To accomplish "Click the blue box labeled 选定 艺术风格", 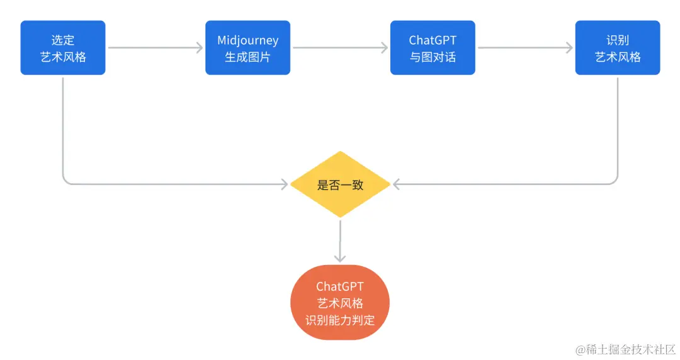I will click(63, 48).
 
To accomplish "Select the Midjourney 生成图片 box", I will click(247, 48).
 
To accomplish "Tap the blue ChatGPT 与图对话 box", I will click(433, 48).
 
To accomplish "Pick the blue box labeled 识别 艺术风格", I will click(618, 48).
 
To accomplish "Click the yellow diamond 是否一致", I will click(340, 185).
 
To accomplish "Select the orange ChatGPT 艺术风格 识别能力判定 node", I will click(340, 303).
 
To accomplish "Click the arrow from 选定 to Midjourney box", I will click(155, 48).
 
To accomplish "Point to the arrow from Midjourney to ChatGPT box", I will click(340, 48).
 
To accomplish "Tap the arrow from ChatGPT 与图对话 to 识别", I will click(525, 48).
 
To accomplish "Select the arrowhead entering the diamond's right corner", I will click(396, 184).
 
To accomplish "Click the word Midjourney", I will click(247, 40).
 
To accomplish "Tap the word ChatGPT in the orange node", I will click(340, 287).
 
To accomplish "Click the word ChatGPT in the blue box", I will click(433, 40).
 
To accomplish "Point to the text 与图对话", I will click(433, 57).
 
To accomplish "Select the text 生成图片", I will click(247, 57).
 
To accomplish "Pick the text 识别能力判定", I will click(340, 320).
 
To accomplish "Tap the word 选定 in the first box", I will click(63, 40).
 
